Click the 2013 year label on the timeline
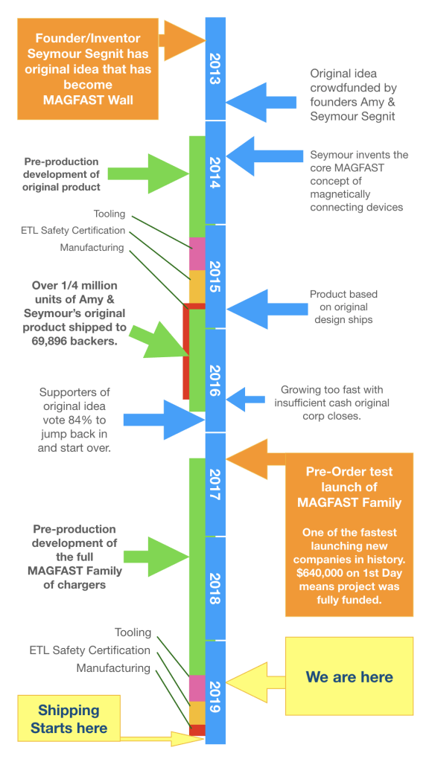pos(215,68)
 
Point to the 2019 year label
pos(215,697)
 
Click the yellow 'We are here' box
pos(349,676)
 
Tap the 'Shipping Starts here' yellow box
pos(69,719)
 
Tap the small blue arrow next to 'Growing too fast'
pos(246,400)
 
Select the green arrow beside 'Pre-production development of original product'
pos(148,173)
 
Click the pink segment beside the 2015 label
pos(197,253)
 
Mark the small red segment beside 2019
pos(197,730)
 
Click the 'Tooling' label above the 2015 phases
pos(109,214)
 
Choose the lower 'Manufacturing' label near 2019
pos(113,668)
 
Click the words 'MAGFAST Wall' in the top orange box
pos(88,100)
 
